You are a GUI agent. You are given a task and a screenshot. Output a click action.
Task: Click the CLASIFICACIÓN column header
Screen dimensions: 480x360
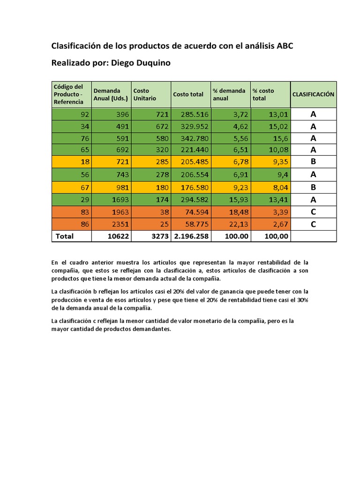tap(313, 94)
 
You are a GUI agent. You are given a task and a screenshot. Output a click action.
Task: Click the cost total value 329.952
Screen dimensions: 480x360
tap(191, 126)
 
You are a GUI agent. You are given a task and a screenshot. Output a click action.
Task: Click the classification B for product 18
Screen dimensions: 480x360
tap(313, 162)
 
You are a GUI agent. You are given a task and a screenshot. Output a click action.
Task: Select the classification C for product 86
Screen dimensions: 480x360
tap(313, 224)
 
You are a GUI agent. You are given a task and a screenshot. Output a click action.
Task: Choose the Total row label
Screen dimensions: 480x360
tap(65, 236)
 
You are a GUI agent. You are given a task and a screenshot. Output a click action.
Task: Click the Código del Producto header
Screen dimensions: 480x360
tap(68, 94)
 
